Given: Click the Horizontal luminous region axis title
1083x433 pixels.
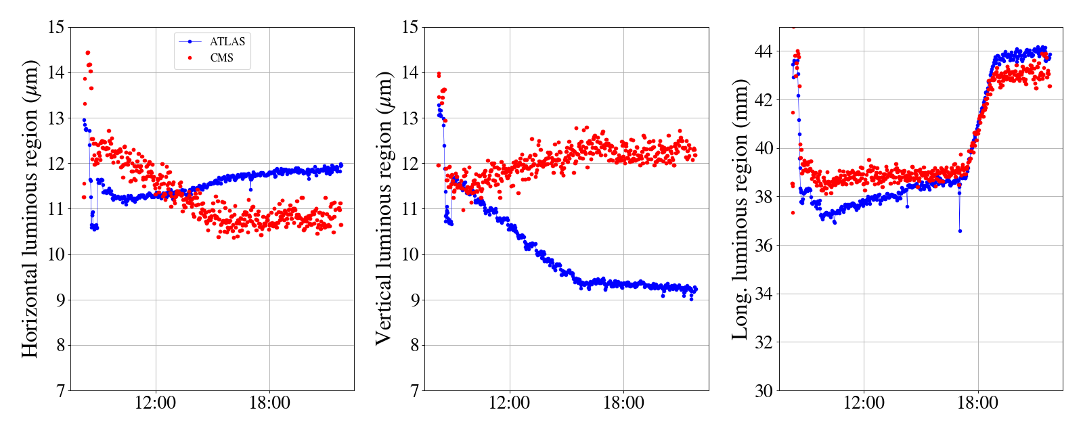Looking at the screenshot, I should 30,208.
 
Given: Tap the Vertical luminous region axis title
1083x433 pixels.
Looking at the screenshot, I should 384,208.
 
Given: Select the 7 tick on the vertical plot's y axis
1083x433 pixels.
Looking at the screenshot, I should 414,391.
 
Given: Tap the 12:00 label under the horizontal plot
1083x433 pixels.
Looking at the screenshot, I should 155,404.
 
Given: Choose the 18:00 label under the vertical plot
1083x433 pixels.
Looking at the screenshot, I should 623,404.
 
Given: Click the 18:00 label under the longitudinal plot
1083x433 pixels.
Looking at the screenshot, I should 978,404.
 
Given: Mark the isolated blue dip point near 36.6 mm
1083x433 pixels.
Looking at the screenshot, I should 960,231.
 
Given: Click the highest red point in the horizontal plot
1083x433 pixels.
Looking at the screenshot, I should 87,53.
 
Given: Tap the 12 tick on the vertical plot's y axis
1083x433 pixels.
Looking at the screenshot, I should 410,164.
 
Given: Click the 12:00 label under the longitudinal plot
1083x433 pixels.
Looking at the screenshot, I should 864,404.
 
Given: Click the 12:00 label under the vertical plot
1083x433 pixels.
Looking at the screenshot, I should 509,404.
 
